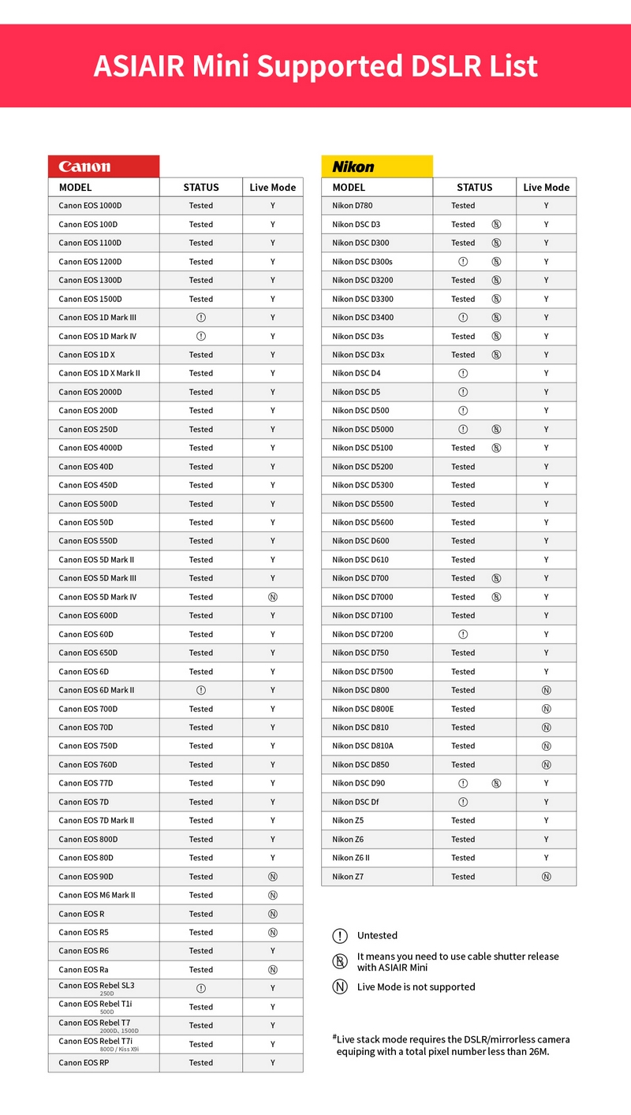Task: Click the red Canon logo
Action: tap(84, 166)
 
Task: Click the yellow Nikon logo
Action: tap(353, 166)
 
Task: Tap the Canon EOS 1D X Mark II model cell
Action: tap(99, 373)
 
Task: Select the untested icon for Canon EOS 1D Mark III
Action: tap(201, 317)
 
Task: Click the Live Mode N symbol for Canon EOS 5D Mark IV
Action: tap(273, 597)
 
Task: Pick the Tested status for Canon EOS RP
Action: tap(201, 1063)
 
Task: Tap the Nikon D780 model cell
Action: tap(353, 206)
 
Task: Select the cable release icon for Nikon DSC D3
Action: tap(496, 224)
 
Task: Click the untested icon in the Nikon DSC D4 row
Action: tap(463, 373)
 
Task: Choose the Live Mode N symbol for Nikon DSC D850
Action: tap(547, 765)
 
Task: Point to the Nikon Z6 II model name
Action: tap(351, 858)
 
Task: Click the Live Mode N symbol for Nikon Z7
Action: tap(547, 877)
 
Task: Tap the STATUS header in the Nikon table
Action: tap(474, 188)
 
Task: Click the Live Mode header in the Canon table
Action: tap(273, 188)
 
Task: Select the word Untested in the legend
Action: tap(377, 936)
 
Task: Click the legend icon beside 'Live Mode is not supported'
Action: tap(340, 987)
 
